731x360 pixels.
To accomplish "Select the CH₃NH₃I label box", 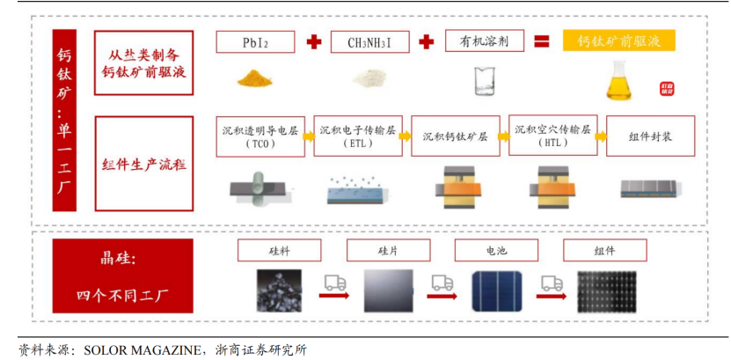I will click(x=369, y=42).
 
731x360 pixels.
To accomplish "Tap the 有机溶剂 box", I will click(x=485, y=40).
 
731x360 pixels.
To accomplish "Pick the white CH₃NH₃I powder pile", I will click(x=370, y=79).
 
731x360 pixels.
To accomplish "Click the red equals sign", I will click(x=542, y=41).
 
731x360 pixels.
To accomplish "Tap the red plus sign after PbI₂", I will click(x=313, y=41).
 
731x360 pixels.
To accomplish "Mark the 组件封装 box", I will click(x=651, y=136).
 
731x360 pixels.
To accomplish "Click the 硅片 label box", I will click(x=389, y=251).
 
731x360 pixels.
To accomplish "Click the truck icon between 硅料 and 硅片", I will click(x=335, y=283).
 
